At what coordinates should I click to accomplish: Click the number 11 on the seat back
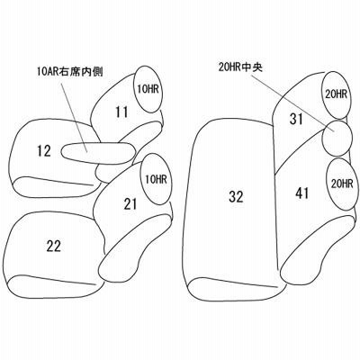point(121,112)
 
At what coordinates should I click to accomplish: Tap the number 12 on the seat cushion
point(44,151)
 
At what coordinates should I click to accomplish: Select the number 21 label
point(130,204)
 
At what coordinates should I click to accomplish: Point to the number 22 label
point(54,246)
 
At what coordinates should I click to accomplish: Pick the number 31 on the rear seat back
point(296,119)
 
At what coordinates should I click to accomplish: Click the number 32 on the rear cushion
point(236,197)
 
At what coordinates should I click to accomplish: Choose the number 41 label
point(302,193)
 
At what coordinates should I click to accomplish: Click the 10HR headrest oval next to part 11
point(149,89)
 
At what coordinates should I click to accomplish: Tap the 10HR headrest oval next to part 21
point(156,179)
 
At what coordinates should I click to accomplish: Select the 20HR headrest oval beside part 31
point(336,94)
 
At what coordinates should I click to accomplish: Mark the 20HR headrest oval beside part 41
point(342,184)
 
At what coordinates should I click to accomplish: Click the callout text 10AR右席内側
point(70,72)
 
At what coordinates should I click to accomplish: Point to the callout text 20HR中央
point(240,68)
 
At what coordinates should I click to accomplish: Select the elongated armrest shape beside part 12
point(98,153)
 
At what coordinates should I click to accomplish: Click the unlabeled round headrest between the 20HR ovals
point(337,139)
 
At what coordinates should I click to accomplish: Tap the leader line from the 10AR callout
point(74,114)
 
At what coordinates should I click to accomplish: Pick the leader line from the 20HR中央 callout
point(292,103)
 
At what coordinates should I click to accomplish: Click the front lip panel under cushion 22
point(56,279)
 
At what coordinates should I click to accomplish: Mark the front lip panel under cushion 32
point(237,289)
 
